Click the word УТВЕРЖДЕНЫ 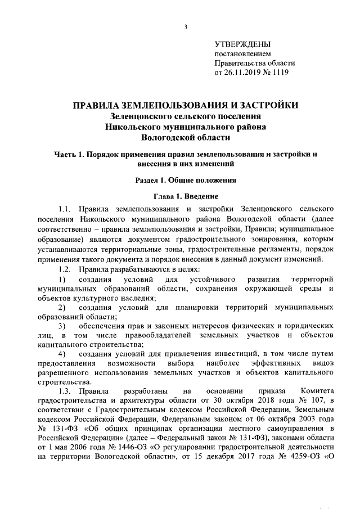pos(242,44)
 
